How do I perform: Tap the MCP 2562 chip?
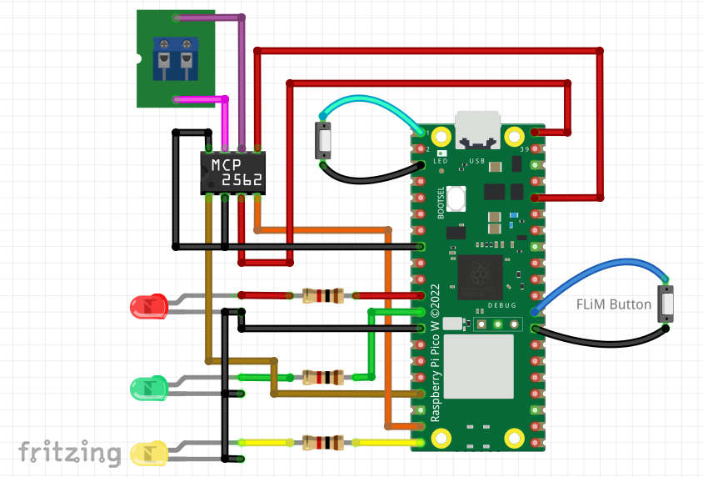234,173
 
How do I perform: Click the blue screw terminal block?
177,59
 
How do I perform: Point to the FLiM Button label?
614,304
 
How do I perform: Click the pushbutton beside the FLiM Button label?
667,304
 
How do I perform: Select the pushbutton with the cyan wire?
323,140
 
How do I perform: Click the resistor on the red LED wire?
323,295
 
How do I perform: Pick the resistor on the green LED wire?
323,377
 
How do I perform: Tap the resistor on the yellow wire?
323,442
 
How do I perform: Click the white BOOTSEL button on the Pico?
456,199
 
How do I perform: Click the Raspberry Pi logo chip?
479,276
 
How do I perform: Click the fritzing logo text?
70,452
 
